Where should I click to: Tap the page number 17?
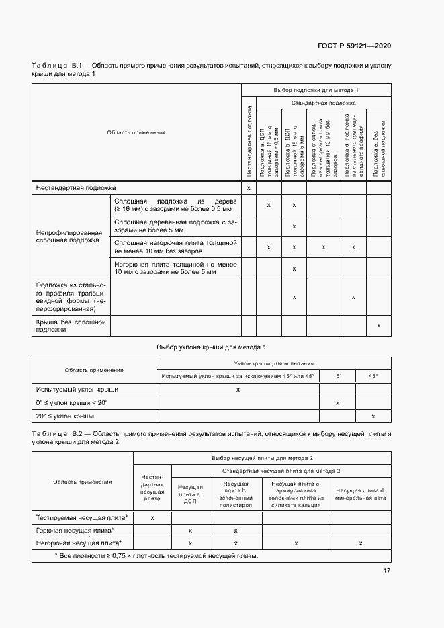[x=387, y=571]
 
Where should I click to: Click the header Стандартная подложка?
[x=323, y=103]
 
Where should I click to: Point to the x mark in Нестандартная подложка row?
[x=249, y=188]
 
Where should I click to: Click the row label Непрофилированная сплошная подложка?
[x=69, y=235]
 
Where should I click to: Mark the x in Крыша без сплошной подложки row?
[x=379, y=326]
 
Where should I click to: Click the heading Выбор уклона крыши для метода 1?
[x=212, y=347]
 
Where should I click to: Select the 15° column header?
[x=337, y=376]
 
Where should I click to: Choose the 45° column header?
[x=373, y=376]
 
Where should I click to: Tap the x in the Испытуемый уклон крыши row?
[x=238, y=390]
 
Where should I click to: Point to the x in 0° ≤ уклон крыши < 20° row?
[x=337, y=403]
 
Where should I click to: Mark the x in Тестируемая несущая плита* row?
[x=152, y=517]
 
